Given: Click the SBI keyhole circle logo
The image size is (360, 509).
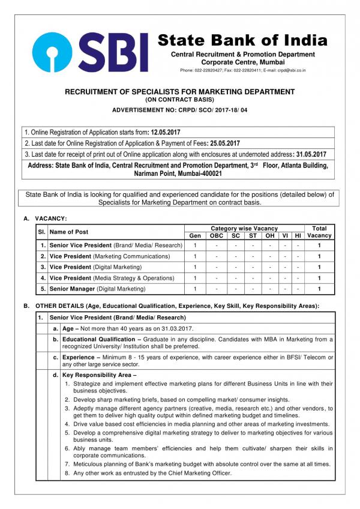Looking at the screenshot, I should click(55, 52).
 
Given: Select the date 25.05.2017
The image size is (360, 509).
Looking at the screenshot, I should click(224, 143).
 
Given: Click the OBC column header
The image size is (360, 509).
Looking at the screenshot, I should click(216, 235).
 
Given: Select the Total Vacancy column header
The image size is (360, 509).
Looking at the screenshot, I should click(319, 232).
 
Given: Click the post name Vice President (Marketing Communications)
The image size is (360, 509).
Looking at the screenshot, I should click(109, 256).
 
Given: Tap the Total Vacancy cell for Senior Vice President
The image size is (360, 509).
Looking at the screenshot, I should click(319, 245).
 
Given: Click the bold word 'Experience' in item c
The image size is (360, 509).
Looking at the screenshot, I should click(80, 357).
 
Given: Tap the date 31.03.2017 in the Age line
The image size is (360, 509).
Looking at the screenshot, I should click(175, 328).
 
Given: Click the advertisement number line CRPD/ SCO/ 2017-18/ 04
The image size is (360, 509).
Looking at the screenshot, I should click(179, 110).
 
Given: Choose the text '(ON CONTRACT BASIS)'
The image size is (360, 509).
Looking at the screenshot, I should click(179, 100).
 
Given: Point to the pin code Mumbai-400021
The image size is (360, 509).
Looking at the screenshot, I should click(197, 173).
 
